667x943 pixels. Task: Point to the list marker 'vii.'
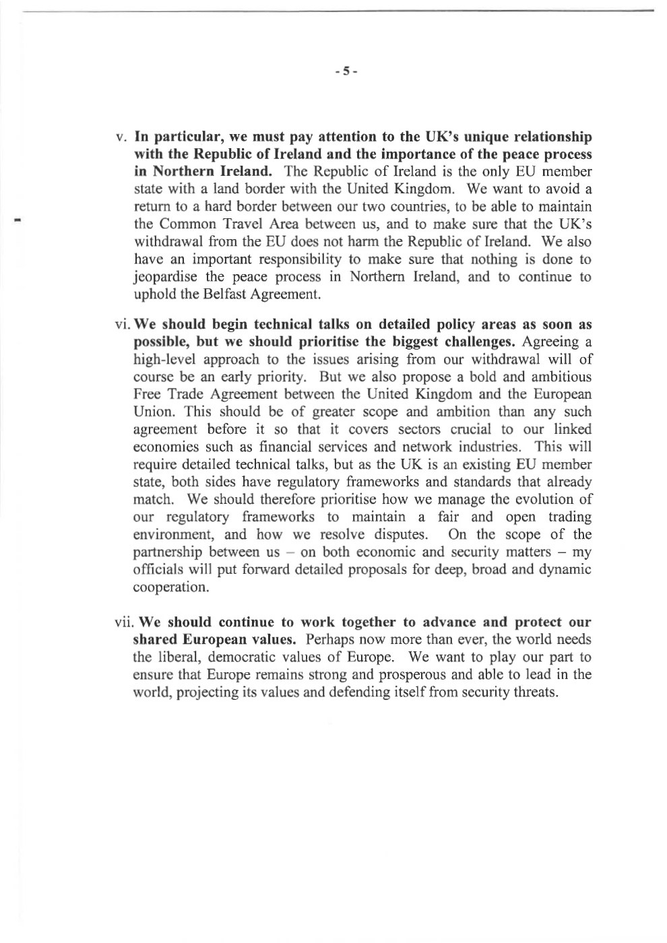(125, 622)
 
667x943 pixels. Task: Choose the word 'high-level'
(165, 360)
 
